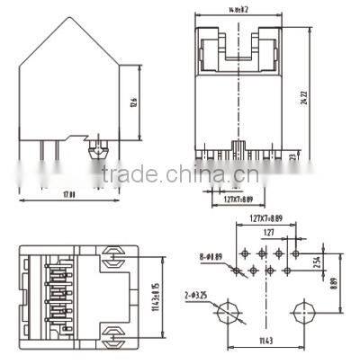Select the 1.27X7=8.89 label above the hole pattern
[x=266, y=218]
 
